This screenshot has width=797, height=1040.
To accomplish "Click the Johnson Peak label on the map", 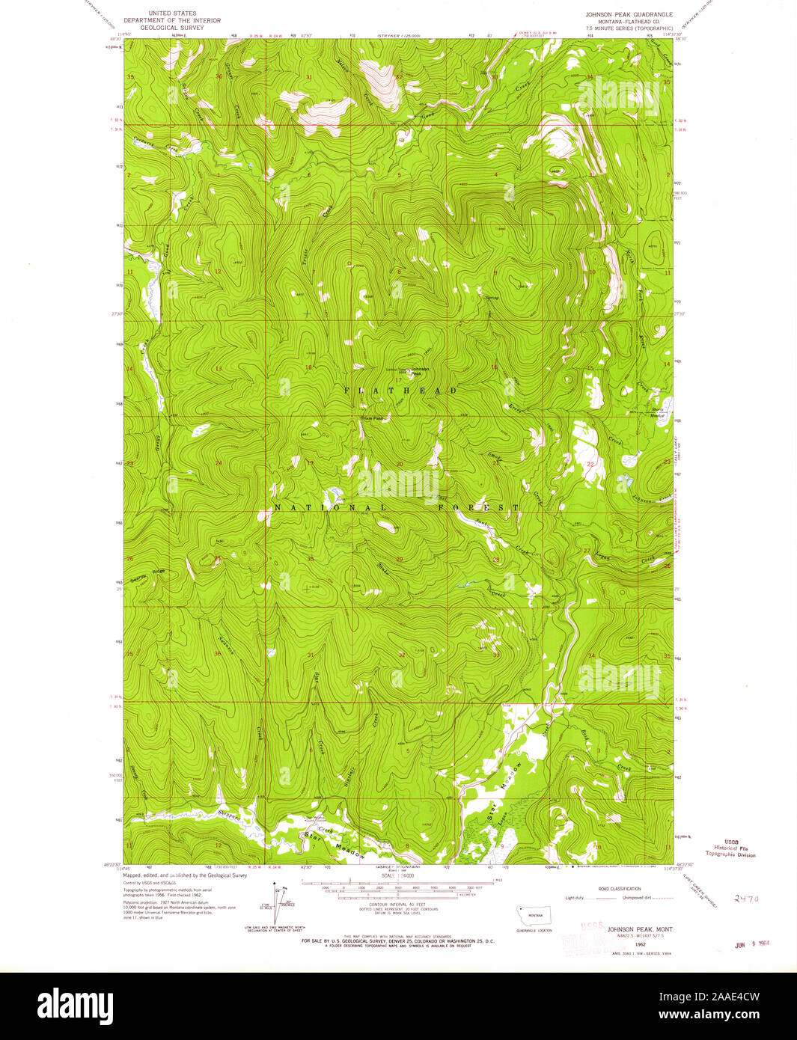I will tap(420, 370).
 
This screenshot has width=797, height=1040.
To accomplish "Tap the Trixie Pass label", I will tap(372, 418).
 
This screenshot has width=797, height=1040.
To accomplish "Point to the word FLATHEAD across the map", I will tap(400, 391).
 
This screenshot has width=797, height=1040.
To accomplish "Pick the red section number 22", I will tap(590, 465).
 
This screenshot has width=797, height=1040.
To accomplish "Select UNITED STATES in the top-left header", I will tap(171, 13).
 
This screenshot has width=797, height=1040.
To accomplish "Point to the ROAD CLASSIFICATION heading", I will tap(620, 889).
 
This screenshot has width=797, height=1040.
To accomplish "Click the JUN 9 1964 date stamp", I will tap(752, 944).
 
